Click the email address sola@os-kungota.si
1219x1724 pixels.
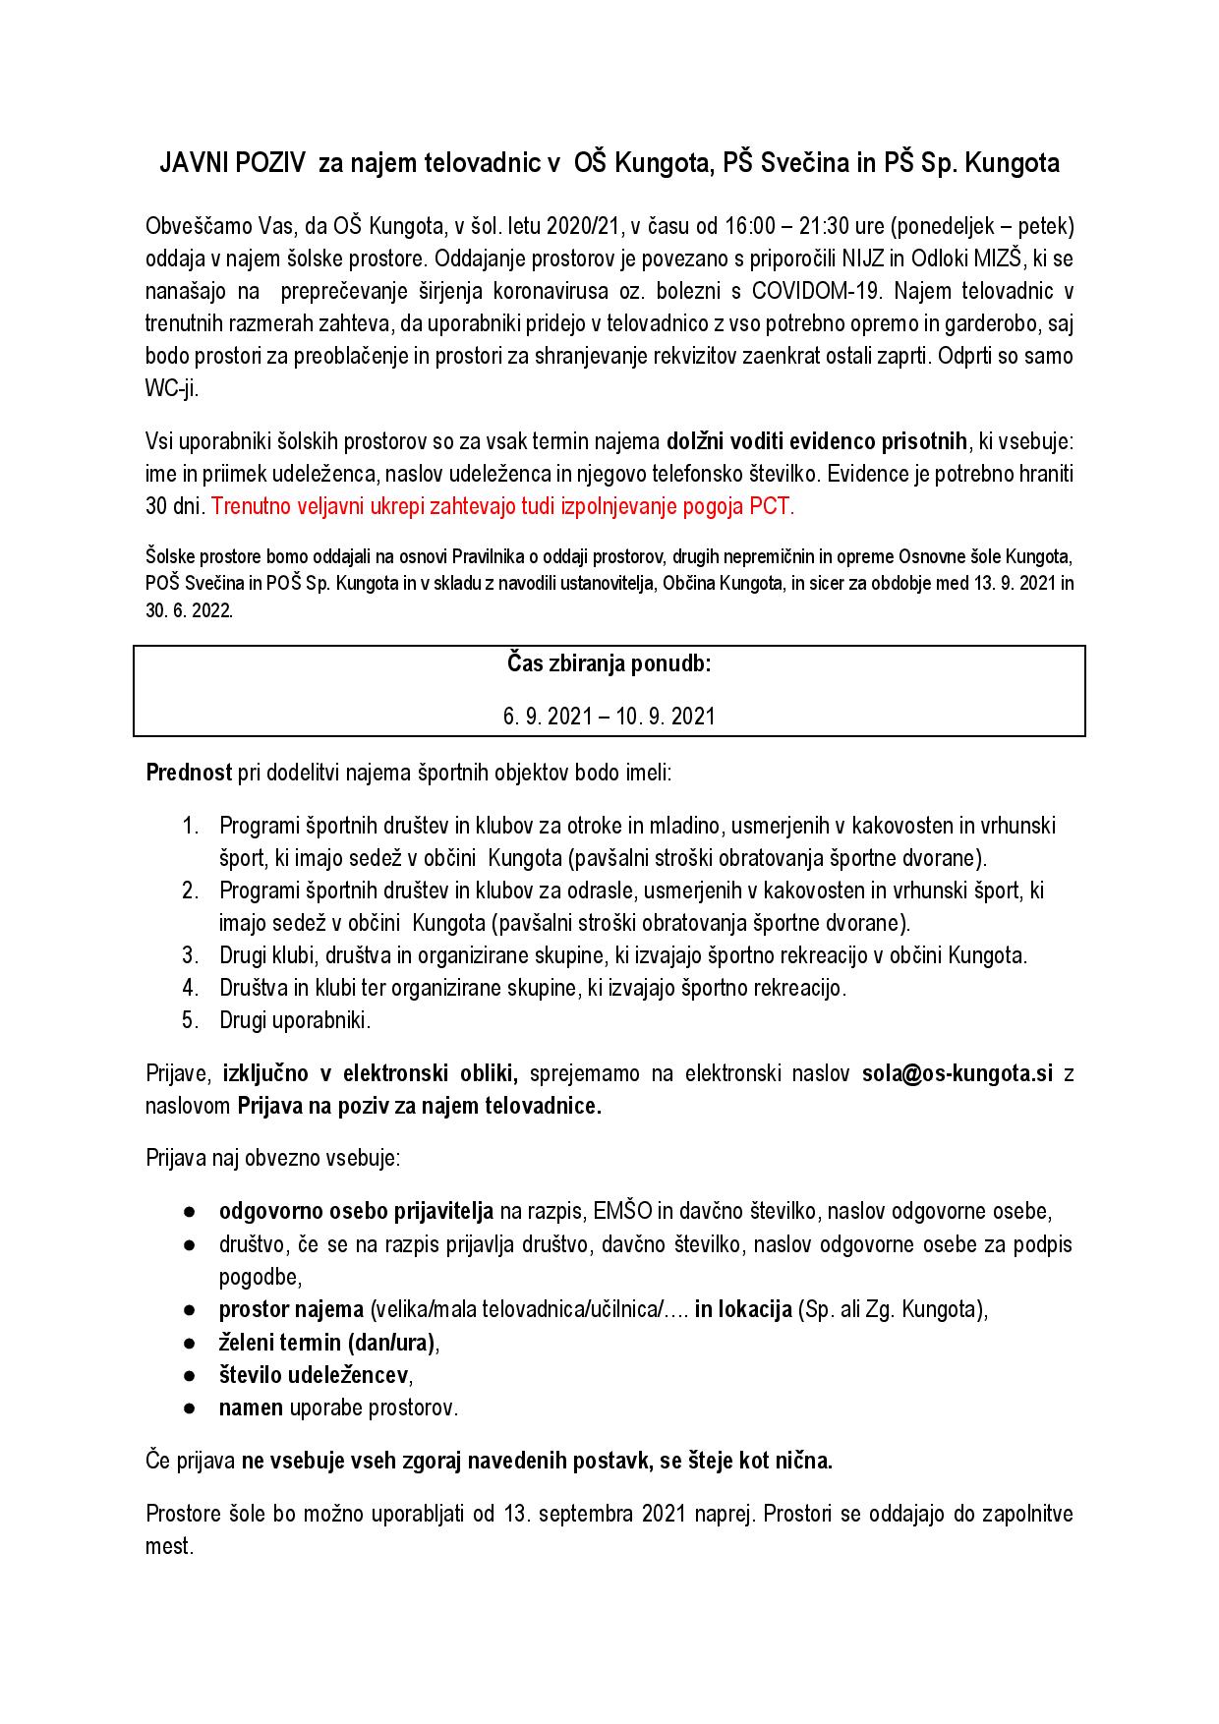(x=957, y=1073)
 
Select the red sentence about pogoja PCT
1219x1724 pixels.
(x=502, y=507)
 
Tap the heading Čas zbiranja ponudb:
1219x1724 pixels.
(x=609, y=663)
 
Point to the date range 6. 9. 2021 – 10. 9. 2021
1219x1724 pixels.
(x=609, y=716)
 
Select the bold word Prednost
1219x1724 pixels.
(x=189, y=771)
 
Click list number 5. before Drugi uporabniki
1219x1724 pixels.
(x=191, y=1019)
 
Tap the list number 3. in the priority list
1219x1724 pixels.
(x=191, y=954)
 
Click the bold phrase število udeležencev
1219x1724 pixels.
(x=314, y=1374)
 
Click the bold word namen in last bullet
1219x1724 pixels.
(x=250, y=1407)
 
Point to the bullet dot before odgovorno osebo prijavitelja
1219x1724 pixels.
(x=190, y=1212)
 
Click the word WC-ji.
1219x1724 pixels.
(x=172, y=388)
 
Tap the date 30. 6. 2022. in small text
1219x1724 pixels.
(x=189, y=609)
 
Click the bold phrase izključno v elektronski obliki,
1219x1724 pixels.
(x=371, y=1073)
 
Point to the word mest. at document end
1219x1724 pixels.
(x=168, y=1545)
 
